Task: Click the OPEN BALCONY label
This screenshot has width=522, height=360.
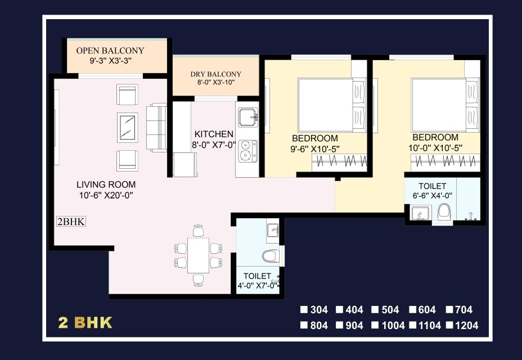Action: pos(110,50)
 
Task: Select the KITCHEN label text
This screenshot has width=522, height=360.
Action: pos(214,134)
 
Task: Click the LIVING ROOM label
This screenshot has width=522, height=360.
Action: pos(106,184)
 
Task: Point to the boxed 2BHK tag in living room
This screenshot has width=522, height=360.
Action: pos(71,222)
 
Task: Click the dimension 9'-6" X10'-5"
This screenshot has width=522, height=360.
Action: pos(315,149)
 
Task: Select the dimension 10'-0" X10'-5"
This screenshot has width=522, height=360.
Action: pos(435,148)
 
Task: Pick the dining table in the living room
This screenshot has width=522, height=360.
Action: pos(198,255)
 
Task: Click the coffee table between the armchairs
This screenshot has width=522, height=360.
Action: pos(128,127)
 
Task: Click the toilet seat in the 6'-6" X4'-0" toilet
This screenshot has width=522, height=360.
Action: pos(444,213)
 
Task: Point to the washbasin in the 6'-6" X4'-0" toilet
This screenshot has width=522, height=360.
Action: pos(418,214)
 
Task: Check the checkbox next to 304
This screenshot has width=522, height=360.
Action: pos(304,309)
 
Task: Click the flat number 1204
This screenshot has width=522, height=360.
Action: pos(466,325)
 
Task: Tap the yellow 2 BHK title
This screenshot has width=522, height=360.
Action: pos(85,323)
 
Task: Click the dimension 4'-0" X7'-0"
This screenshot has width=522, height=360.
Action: pos(258,285)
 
